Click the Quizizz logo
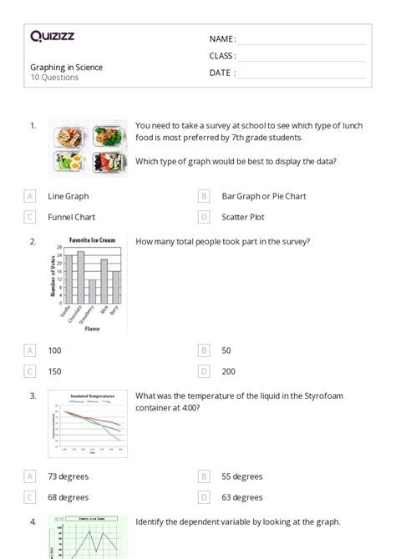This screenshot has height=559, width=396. point(52,36)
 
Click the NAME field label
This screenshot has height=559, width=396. point(221,38)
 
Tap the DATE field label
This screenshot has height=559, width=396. point(221,73)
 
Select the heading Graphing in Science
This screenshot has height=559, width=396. point(66,68)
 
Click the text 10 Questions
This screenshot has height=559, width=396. point(54,78)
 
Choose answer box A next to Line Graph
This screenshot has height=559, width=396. point(30,196)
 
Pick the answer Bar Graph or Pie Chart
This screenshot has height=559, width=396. point(263,196)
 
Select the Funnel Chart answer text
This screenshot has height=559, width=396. point(71,217)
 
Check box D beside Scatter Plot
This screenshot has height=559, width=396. point(204,217)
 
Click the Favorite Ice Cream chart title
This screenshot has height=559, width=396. point(92,239)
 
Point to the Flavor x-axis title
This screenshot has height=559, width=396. point(93,329)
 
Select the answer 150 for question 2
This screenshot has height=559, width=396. point(54,371)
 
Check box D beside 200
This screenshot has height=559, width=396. point(204,371)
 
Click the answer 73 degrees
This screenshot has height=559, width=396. point(68,476)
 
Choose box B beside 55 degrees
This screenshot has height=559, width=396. point(204,476)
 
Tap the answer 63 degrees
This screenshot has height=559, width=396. point(241,497)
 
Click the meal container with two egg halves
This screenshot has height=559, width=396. point(67,161)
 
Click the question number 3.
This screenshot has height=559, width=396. point(33,396)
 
